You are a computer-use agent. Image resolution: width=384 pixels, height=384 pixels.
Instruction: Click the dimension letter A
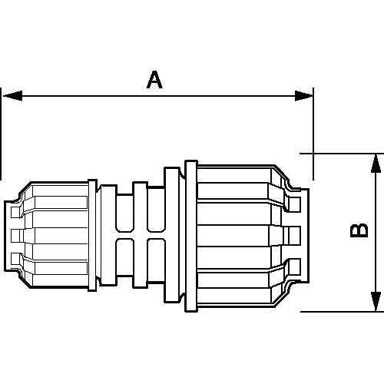155,79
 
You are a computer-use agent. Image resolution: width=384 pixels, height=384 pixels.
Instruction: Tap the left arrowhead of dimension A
9,96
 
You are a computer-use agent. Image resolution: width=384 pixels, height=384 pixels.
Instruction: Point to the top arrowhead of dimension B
375,161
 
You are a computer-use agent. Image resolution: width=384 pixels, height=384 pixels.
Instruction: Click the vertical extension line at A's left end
2,138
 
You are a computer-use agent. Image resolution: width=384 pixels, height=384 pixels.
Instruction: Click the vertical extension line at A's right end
313,123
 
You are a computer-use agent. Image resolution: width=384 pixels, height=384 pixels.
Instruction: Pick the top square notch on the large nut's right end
294,204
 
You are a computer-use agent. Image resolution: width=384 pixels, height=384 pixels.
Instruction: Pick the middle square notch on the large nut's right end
294,233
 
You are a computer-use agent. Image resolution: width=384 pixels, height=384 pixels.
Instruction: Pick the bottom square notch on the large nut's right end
294,266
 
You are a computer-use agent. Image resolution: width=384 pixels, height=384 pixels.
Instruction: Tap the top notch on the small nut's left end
15,207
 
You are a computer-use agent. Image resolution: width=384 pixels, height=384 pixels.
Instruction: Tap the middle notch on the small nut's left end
15,233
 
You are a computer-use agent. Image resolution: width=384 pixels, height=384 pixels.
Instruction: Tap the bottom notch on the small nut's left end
15,257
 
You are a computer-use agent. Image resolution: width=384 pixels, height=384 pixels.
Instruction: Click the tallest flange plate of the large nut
190,234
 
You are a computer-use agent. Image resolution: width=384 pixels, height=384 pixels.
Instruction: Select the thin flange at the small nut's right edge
93,234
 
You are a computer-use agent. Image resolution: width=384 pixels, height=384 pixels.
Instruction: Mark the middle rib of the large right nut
238,233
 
